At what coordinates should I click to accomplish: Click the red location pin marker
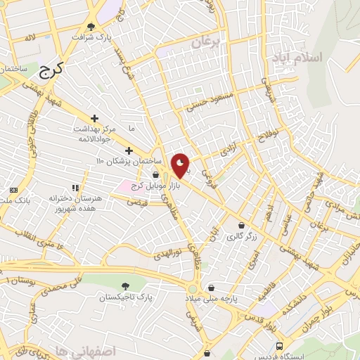pyautogui.click(x=181, y=165)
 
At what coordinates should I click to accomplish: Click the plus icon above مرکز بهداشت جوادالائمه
pyautogui.click(x=95, y=118)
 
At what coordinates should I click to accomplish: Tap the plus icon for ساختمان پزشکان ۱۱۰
pyautogui.click(x=128, y=150)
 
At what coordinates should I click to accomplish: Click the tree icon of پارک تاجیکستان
pyautogui.click(x=125, y=286)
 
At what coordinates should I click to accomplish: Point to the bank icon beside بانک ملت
pyautogui.click(x=13, y=191)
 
